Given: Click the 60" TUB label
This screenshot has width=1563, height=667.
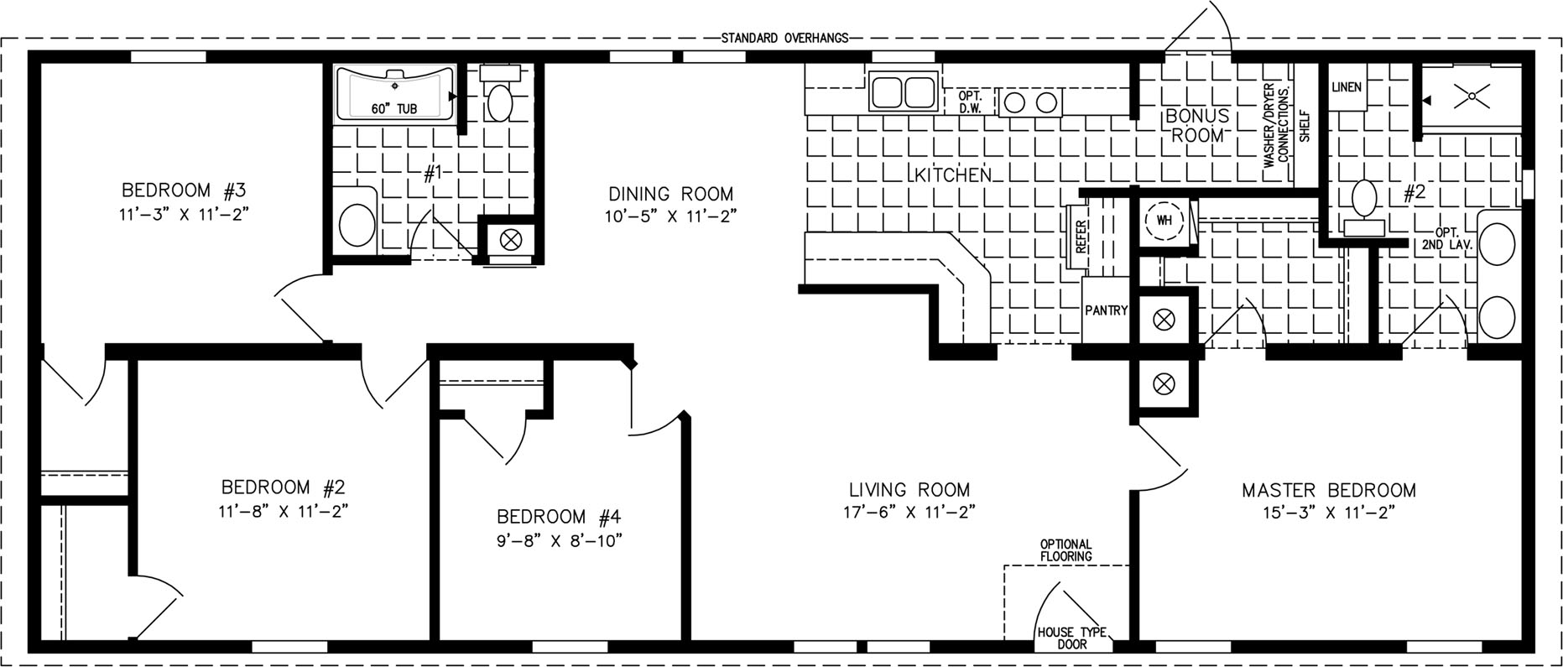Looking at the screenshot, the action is (393, 109).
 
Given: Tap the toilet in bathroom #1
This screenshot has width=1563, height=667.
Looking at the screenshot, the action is (501, 95).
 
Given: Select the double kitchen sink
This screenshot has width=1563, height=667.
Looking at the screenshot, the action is (903, 91).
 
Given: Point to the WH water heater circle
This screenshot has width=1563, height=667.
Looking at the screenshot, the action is (1164, 221).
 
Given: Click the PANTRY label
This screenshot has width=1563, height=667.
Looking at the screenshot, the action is (1107, 310).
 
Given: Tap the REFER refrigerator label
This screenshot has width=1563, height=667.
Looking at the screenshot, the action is (1081, 237).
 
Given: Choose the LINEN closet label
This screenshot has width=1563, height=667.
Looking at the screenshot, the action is (1347, 87).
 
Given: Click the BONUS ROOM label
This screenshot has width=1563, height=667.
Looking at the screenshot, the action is (1197, 124).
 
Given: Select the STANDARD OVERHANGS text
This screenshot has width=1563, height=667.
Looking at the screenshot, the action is (785, 38).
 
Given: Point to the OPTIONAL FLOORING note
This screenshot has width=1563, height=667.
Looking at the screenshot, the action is (1065, 550).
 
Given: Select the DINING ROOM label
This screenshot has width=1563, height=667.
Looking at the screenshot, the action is (671, 194).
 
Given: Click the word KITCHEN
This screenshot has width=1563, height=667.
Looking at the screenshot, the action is (952, 175).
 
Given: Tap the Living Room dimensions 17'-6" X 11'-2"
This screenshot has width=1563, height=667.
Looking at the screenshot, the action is (909, 511).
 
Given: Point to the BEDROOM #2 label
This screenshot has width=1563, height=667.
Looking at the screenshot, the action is (284, 487).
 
